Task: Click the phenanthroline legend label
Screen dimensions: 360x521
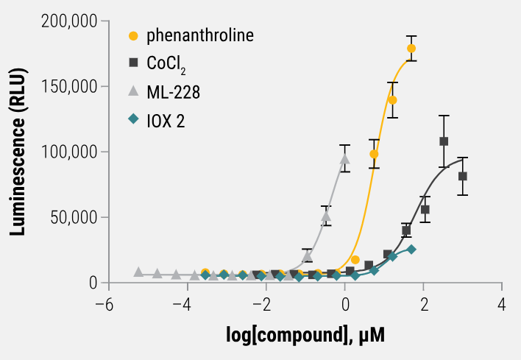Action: (199, 35)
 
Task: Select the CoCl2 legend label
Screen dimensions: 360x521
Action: (167, 64)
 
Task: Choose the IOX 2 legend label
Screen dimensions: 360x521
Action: (166, 120)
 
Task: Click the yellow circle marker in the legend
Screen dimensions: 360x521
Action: (133, 35)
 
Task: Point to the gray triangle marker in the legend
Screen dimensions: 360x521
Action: (133, 91)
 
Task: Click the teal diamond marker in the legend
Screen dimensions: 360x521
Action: (133, 119)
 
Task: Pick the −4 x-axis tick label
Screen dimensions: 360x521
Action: (185, 304)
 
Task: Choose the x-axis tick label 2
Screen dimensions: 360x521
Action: (424, 304)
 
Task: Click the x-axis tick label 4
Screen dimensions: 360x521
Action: (503, 304)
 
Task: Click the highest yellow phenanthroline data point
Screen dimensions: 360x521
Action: (411, 49)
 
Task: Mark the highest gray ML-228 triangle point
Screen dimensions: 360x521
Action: (344, 158)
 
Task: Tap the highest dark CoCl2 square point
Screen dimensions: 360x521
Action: (444, 141)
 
